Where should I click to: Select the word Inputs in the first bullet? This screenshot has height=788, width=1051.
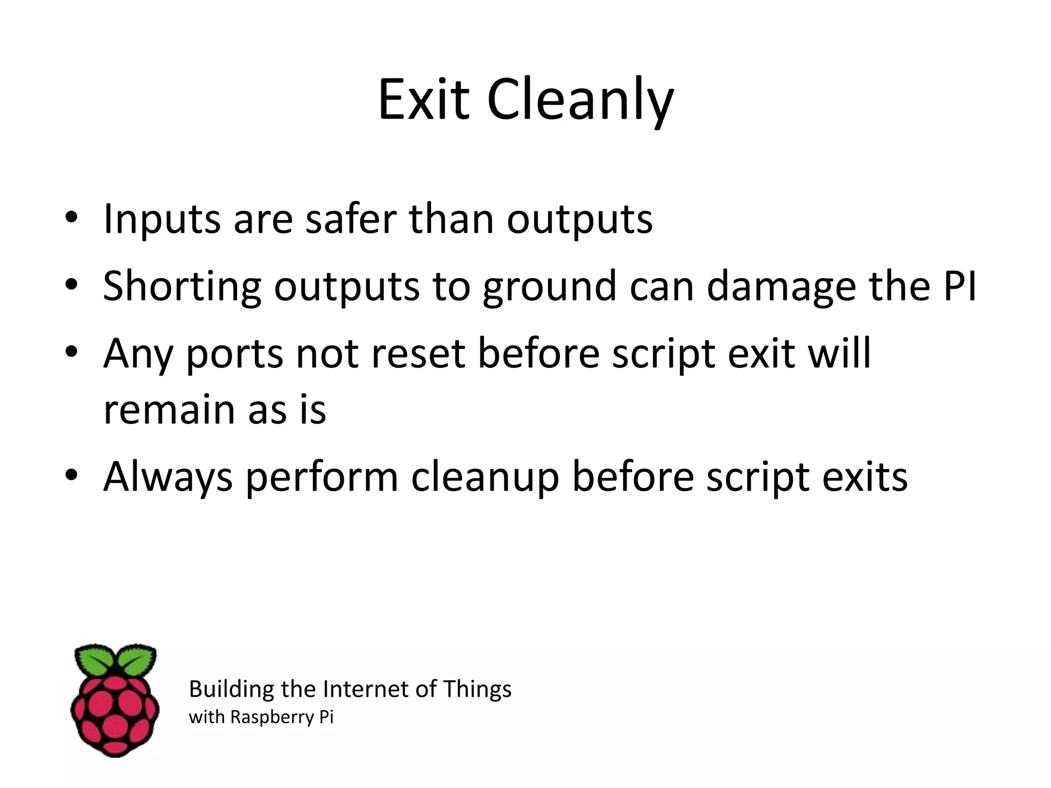point(162,220)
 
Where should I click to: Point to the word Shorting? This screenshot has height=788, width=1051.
point(182,286)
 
